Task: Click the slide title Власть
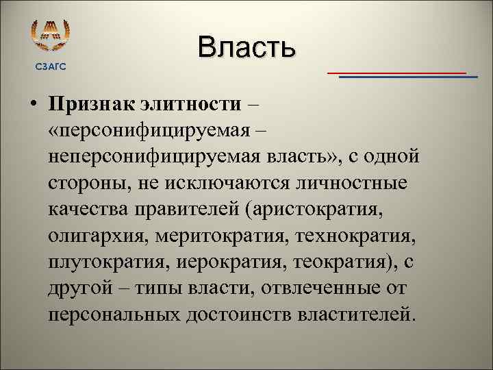[246, 47]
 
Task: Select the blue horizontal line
[408, 77]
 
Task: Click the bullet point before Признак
[32, 104]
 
